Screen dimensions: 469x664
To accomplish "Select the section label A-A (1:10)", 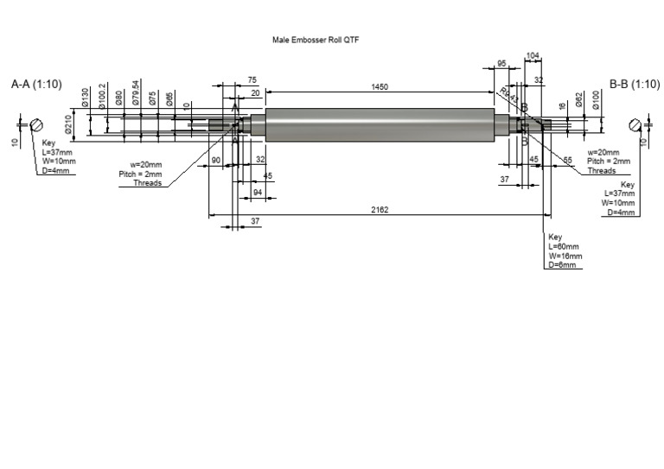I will (36, 85).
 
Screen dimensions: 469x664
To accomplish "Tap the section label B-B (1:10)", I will (635, 85).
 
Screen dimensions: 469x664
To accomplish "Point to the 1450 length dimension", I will (379, 87).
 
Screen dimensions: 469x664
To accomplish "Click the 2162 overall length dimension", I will (379, 210).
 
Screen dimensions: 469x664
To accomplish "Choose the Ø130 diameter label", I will (85, 97).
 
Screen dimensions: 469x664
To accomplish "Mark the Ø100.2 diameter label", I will (103, 95).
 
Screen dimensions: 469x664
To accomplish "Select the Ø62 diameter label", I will (579, 98).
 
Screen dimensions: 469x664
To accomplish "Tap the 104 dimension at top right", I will (533, 55).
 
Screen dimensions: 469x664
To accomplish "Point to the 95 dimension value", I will (501, 64).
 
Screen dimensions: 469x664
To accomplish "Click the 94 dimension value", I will (257, 191).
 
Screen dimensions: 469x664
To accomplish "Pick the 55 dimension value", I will (568, 161).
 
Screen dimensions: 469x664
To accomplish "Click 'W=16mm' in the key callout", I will (565, 256).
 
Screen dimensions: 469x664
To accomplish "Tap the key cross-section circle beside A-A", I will (37, 124).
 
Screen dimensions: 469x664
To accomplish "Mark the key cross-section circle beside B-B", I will (635, 124).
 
